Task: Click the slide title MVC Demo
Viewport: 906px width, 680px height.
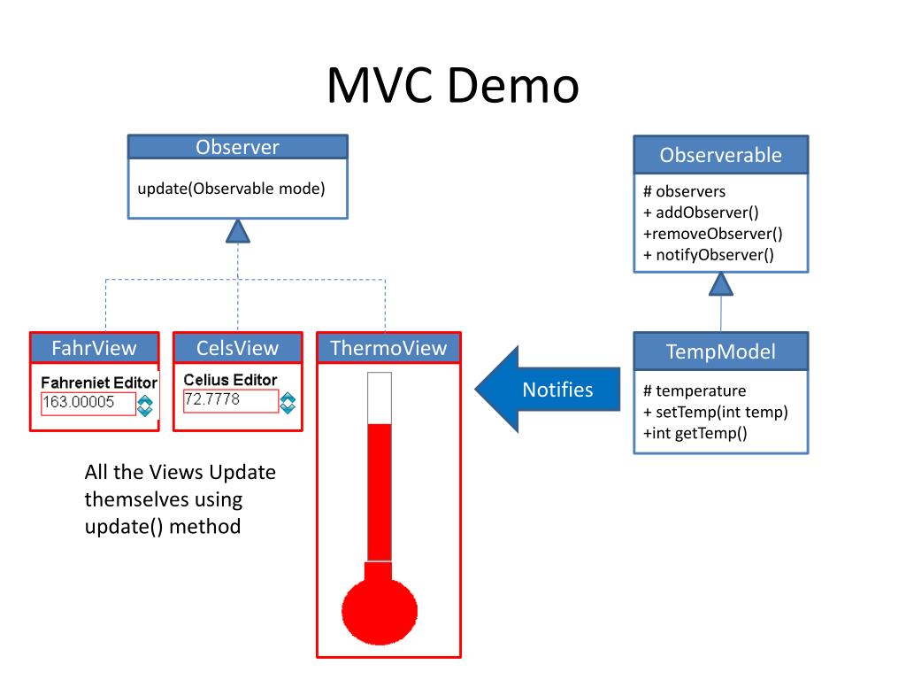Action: [452, 87]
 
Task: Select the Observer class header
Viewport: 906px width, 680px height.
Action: [237, 147]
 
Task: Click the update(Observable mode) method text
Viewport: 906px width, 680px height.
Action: [231, 189]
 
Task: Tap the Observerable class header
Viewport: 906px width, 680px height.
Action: [720, 155]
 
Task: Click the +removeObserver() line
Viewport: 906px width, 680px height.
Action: [712, 234]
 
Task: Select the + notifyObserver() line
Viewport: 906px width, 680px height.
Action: [708, 255]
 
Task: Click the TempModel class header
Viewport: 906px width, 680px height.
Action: [720, 352]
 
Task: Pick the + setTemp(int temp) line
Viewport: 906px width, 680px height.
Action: [715, 412]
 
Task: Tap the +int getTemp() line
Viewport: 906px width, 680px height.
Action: [695, 433]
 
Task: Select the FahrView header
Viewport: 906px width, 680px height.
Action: [94, 348]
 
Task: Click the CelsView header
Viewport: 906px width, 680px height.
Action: [237, 348]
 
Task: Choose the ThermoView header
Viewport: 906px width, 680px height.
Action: [388, 348]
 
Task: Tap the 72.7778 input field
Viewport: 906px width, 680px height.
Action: [230, 401]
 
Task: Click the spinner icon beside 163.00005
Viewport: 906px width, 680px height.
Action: [145, 406]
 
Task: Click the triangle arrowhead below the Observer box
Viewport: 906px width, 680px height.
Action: [237, 231]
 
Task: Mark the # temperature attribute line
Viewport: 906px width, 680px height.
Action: [695, 390]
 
